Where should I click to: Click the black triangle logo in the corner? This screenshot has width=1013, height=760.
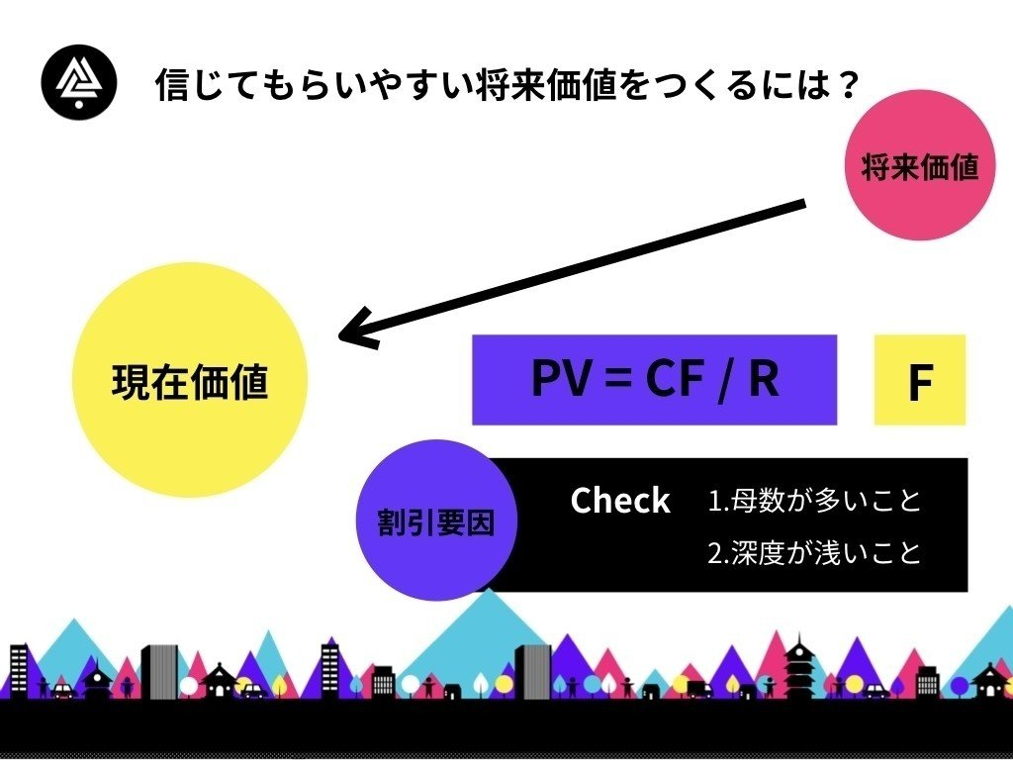[79, 81]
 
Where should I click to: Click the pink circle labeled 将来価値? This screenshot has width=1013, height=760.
[920, 165]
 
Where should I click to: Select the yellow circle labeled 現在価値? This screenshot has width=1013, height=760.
[190, 380]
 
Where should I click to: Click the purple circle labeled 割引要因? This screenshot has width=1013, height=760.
[436, 521]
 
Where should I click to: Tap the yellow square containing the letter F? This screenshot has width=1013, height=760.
[919, 380]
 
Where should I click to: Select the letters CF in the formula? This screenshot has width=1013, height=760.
[674, 379]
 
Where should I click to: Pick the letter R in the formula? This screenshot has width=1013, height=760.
[765, 379]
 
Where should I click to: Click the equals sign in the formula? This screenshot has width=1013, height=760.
[618, 380]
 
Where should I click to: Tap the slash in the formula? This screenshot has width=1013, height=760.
[726, 381]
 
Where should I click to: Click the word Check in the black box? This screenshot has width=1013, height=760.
[620, 501]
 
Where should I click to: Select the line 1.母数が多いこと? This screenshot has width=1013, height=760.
[814, 501]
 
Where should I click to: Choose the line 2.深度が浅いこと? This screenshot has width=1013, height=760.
[814, 552]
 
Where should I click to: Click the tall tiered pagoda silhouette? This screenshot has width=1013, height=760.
[799, 667]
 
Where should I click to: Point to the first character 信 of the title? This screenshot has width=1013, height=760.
[173, 85]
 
